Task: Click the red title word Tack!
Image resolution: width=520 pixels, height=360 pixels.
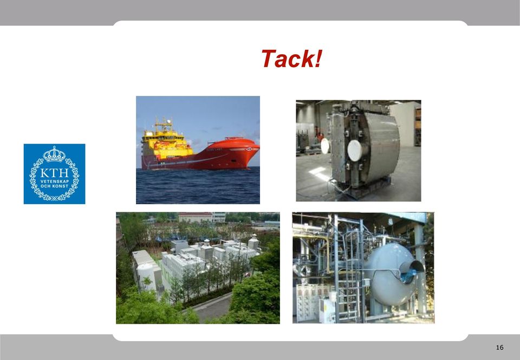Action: click(x=291, y=58)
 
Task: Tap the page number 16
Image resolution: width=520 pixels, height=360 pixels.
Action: click(x=499, y=348)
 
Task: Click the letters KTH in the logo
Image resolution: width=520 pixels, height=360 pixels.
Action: click(x=54, y=173)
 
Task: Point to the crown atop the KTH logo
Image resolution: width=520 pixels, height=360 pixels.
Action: click(x=54, y=154)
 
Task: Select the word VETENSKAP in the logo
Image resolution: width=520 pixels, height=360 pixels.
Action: click(x=54, y=181)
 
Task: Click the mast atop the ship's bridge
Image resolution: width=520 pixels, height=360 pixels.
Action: click(x=164, y=124)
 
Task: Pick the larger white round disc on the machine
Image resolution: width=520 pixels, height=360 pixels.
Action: click(x=355, y=150)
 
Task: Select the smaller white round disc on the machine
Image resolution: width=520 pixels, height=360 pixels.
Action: click(x=326, y=146)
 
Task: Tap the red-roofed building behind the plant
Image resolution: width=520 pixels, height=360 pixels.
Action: click(x=196, y=217)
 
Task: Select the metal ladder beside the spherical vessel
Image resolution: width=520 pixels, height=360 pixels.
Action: click(x=348, y=269)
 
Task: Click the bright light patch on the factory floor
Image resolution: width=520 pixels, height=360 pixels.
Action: click(x=318, y=173)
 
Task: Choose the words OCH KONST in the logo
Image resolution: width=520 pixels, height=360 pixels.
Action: click(x=54, y=186)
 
